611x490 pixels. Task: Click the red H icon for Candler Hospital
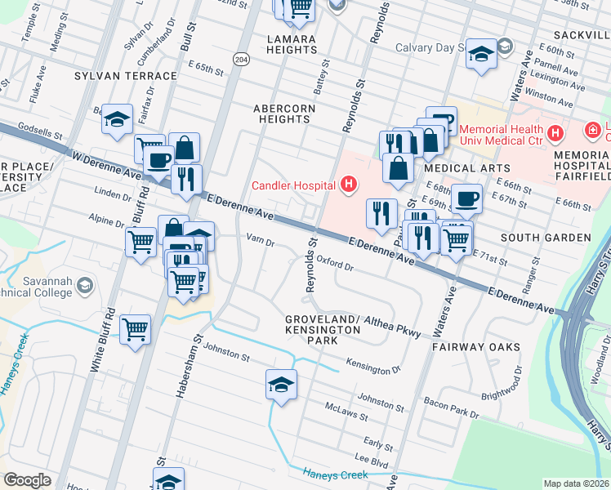tap(349, 185)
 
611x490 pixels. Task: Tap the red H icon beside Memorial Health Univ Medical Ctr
tap(555, 132)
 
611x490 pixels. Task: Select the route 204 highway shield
tap(240, 60)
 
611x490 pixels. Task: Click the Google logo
tap(27, 479)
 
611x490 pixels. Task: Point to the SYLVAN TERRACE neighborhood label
tap(125, 76)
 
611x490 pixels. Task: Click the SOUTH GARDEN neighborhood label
tap(545, 238)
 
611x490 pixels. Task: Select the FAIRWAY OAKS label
tap(476, 347)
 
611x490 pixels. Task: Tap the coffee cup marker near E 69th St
tap(466, 198)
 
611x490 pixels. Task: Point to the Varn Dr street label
tap(260, 242)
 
